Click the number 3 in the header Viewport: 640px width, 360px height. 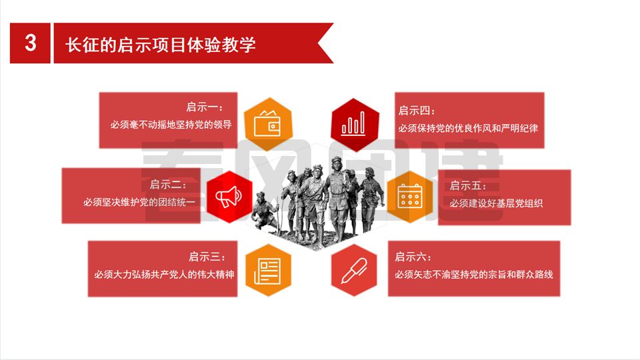coord(31,43)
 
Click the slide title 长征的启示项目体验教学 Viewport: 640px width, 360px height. coord(161,45)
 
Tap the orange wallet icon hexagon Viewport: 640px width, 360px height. coord(268,124)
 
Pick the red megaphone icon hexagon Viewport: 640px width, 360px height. coord(229,197)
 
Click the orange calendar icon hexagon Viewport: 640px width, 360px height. coord(409,197)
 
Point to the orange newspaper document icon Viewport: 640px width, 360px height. coord(268,270)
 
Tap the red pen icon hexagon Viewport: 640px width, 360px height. coord(354,270)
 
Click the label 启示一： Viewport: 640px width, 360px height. coord(205,107)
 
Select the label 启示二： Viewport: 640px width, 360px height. coord(168,185)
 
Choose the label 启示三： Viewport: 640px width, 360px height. coord(207,257)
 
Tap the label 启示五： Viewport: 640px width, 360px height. coord(468,186)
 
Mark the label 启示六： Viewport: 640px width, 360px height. coord(413,257)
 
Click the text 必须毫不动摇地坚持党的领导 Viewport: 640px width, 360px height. coord(171,125)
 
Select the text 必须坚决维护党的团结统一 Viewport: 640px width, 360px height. coord(139,202)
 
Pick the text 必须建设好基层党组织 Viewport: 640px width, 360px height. coord(496,203)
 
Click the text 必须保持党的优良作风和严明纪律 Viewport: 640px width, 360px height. coord(468,128)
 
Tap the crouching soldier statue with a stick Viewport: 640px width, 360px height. coord(265,211)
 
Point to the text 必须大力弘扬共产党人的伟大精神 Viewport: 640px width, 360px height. coord(164,274)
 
